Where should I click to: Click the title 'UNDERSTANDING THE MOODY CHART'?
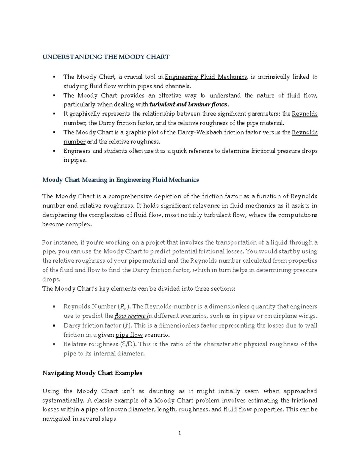tap(106, 57)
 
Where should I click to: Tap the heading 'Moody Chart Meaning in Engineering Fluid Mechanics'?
tap(120, 180)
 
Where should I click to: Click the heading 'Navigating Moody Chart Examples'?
tap(92, 373)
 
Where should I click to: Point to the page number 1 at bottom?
tap(180, 433)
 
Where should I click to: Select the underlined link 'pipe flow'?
tap(129, 335)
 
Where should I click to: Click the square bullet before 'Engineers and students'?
tap(54, 151)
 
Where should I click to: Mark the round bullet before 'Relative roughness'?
tap(54, 344)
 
